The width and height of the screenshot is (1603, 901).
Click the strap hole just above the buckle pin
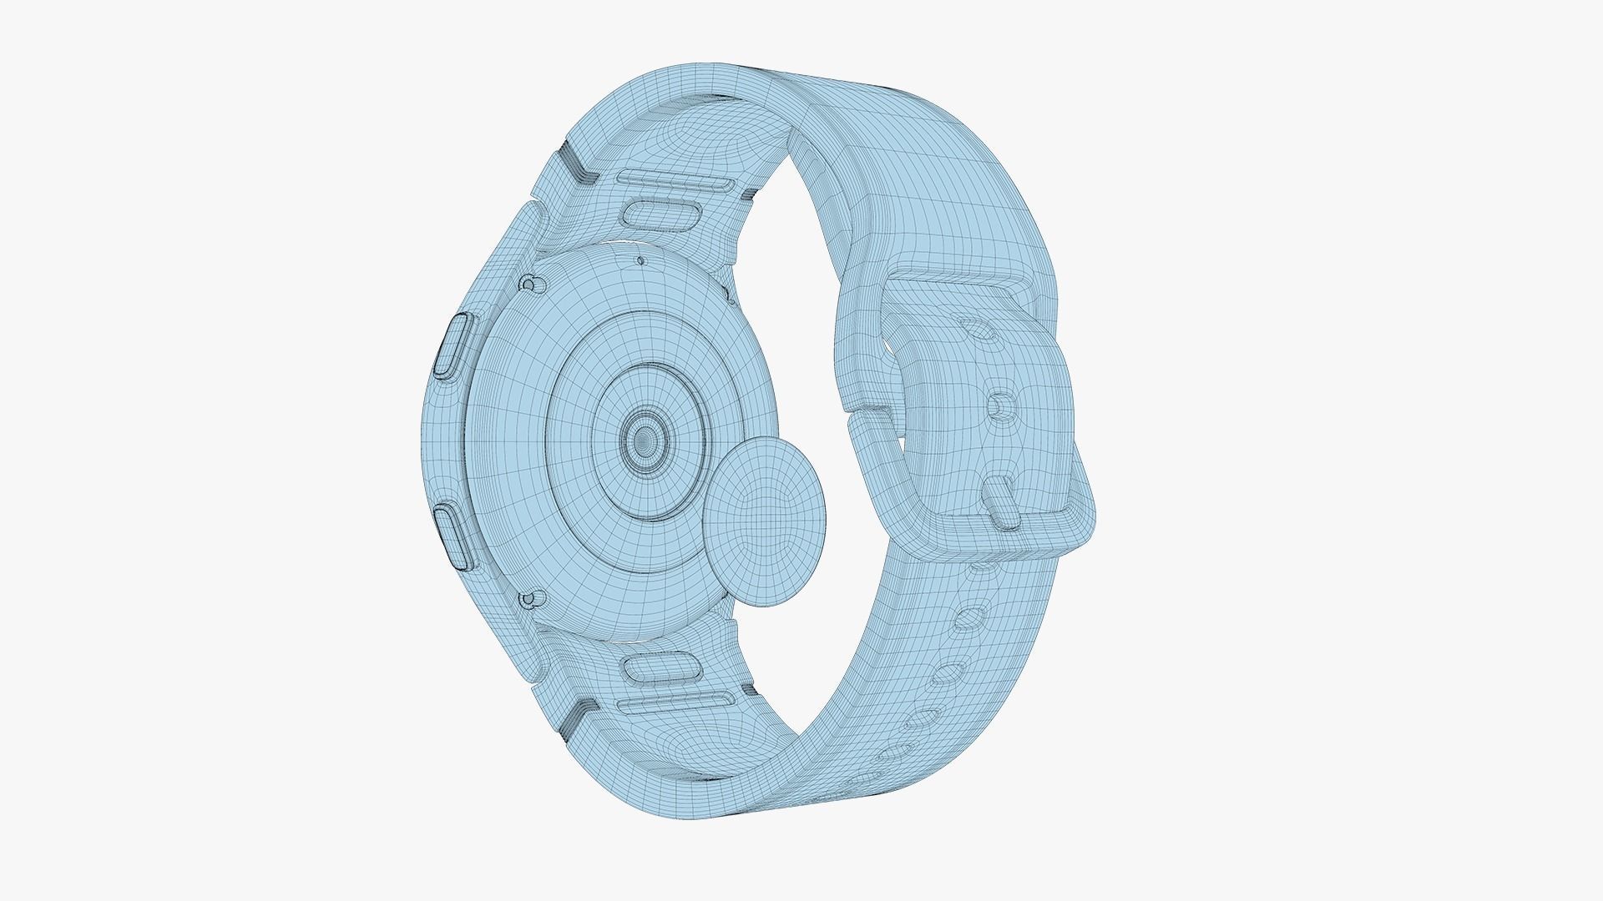999,406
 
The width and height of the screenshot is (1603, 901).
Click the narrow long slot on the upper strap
676,179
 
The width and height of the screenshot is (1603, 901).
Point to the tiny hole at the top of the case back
640,259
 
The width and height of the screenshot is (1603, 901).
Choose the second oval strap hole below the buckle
968,618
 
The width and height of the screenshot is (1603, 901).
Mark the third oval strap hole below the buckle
949,672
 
